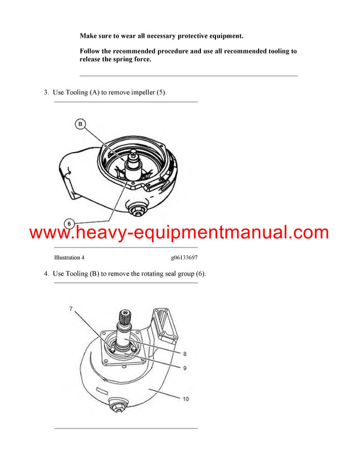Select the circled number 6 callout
70,223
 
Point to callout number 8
185,354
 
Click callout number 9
185,367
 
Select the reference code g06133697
184,258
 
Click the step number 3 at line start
45,92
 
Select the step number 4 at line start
45,274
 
